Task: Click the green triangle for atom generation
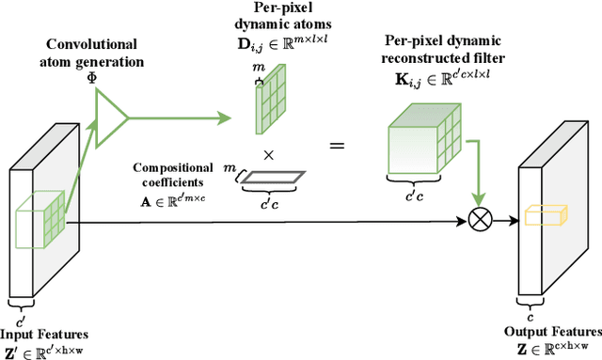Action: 112,118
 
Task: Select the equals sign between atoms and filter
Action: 336,146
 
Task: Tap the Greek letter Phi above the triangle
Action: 92,76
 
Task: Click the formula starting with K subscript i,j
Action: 446,79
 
